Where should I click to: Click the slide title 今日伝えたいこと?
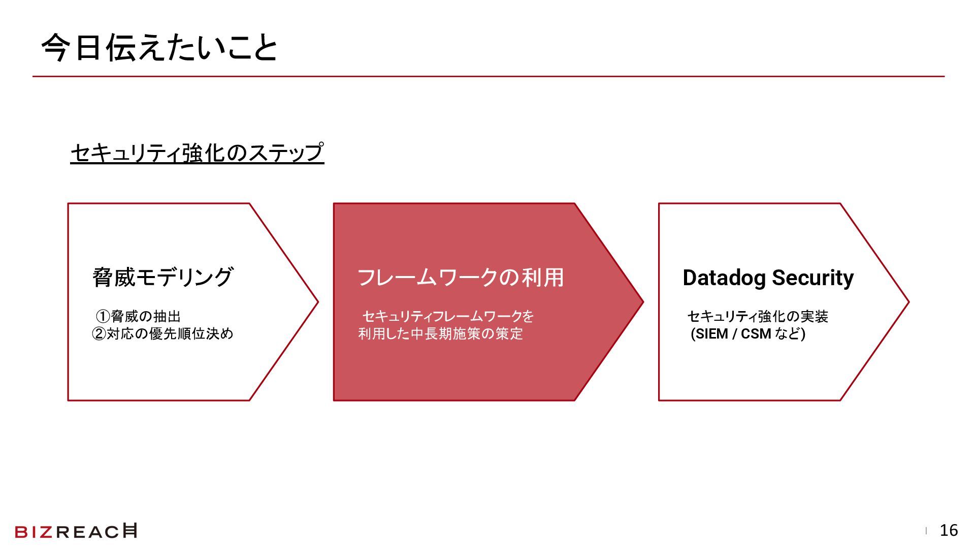tap(159, 48)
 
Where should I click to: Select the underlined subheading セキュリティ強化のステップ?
tap(197, 152)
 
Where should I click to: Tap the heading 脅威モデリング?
tap(162, 278)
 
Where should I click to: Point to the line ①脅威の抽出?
tap(138, 317)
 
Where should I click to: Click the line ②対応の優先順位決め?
tap(162, 334)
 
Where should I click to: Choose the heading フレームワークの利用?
tap(461, 278)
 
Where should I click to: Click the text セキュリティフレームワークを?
tap(448, 317)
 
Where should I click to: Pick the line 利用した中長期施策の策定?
tap(440, 334)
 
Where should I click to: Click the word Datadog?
tap(724, 278)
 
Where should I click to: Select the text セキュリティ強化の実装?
tap(758, 317)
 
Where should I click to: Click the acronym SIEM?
tap(711, 334)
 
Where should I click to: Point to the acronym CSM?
tap(756, 334)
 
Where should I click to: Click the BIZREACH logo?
tap(76, 531)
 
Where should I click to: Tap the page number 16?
tap(949, 531)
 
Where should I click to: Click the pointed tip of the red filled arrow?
tap(642, 302)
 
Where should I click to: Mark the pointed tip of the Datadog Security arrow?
tap(907, 302)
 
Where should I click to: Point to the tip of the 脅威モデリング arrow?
tap(317, 302)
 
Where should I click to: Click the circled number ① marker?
tap(103, 317)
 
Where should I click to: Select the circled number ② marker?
tap(99, 334)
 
